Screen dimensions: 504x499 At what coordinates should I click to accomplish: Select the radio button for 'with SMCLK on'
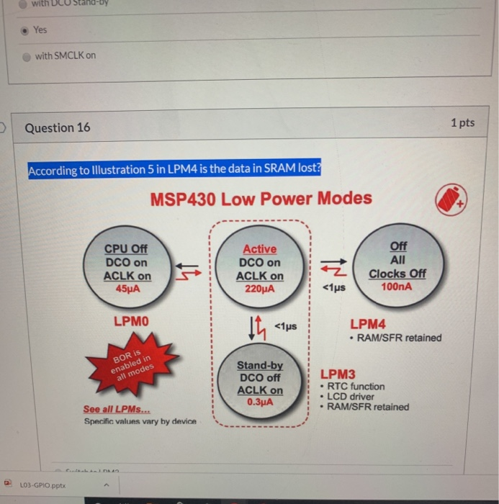click(27, 55)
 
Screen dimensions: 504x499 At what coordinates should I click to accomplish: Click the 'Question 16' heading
click(58, 128)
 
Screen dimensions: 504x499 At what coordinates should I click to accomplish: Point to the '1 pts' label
click(462, 122)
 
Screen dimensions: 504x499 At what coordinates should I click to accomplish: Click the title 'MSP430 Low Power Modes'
click(261, 199)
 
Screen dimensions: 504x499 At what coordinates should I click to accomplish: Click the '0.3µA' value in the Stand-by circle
click(260, 402)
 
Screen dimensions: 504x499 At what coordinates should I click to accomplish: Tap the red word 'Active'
click(259, 249)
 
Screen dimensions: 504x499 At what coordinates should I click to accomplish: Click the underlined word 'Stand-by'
click(260, 366)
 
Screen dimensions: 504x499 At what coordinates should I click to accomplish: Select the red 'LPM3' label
click(338, 374)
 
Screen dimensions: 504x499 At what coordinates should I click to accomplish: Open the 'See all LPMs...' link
click(112, 409)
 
